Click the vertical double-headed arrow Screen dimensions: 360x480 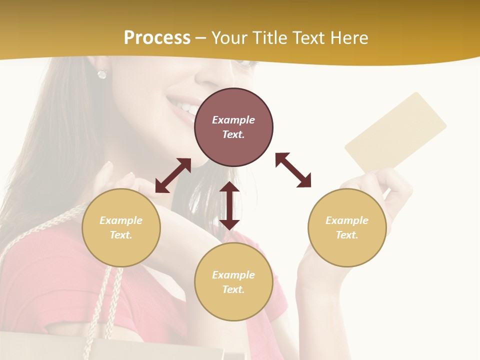[229, 205]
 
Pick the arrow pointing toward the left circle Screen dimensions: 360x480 [173, 175]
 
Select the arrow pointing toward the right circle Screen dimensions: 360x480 [293, 170]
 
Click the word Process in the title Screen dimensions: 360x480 [157, 37]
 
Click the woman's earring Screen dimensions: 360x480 [102, 74]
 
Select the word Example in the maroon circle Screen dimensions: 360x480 [233, 120]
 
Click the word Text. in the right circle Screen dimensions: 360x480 [347, 235]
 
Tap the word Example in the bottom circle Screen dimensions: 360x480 [233, 275]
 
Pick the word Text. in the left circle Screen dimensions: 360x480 [121, 235]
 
